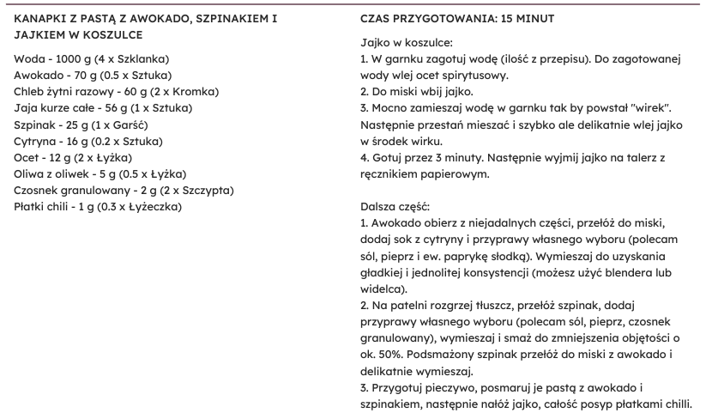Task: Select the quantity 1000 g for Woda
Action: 71,58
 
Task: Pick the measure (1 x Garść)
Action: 118,125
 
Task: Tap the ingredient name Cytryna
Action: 37,141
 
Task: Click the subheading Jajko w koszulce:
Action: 406,42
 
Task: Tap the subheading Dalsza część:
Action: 397,207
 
